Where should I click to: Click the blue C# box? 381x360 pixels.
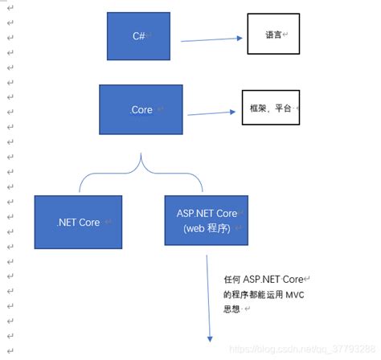tap(138, 35)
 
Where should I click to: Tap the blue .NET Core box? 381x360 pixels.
tap(78, 222)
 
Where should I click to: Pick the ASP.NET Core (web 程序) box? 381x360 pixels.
tap(206, 222)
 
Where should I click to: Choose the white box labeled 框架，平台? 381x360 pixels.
tap(270, 107)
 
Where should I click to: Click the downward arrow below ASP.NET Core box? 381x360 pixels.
tap(208, 297)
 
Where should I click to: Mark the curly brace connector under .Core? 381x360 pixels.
tap(141, 170)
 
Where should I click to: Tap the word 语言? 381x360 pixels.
tap(273, 35)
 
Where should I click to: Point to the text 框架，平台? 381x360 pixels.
tap(270, 107)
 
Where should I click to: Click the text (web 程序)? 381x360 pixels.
tap(206, 229)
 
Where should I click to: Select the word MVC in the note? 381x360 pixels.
tap(293, 295)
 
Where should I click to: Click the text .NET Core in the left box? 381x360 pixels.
tap(78, 222)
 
